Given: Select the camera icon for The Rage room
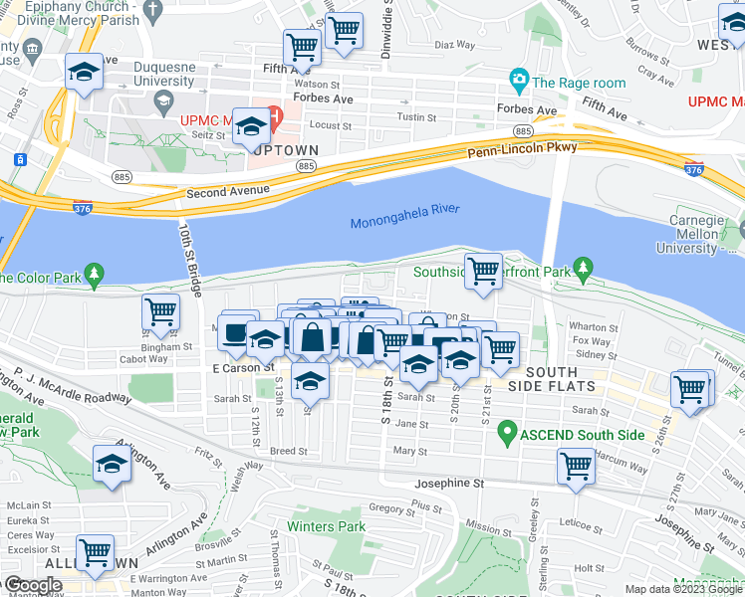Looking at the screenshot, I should pyautogui.click(x=518, y=79).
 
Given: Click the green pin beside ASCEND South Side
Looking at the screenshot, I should pyautogui.click(x=507, y=433).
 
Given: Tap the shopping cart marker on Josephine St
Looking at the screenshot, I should pyautogui.click(x=577, y=465).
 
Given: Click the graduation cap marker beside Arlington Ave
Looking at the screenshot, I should pyautogui.click(x=112, y=463).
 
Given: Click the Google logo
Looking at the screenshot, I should pyautogui.click(x=32, y=585).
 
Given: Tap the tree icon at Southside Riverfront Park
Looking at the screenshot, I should pyautogui.click(x=584, y=269).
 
